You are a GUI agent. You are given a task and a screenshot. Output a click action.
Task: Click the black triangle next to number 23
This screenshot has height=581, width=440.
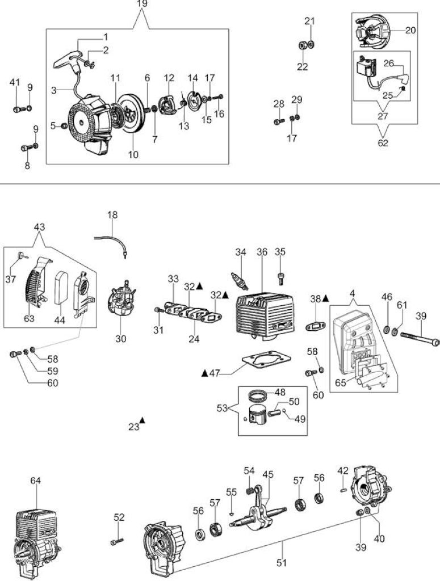pyautogui.click(x=142, y=420)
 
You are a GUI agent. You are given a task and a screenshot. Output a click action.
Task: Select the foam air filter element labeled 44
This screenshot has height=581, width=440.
pyautogui.click(x=60, y=288)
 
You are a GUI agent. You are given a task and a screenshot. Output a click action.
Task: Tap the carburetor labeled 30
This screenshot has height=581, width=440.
pyautogui.click(x=120, y=301)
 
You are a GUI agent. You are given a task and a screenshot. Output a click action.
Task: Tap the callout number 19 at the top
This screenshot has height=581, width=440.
pyautogui.click(x=142, y=4)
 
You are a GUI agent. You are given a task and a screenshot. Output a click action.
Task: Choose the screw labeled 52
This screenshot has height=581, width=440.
pyautogui.click(x=116, y=542)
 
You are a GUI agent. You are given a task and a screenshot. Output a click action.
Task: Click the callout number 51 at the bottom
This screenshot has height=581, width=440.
pyautogui.click(x=282, y=563)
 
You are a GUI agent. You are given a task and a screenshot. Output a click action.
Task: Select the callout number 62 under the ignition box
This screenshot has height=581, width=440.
pyautogui.click(x=383, y=142)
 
